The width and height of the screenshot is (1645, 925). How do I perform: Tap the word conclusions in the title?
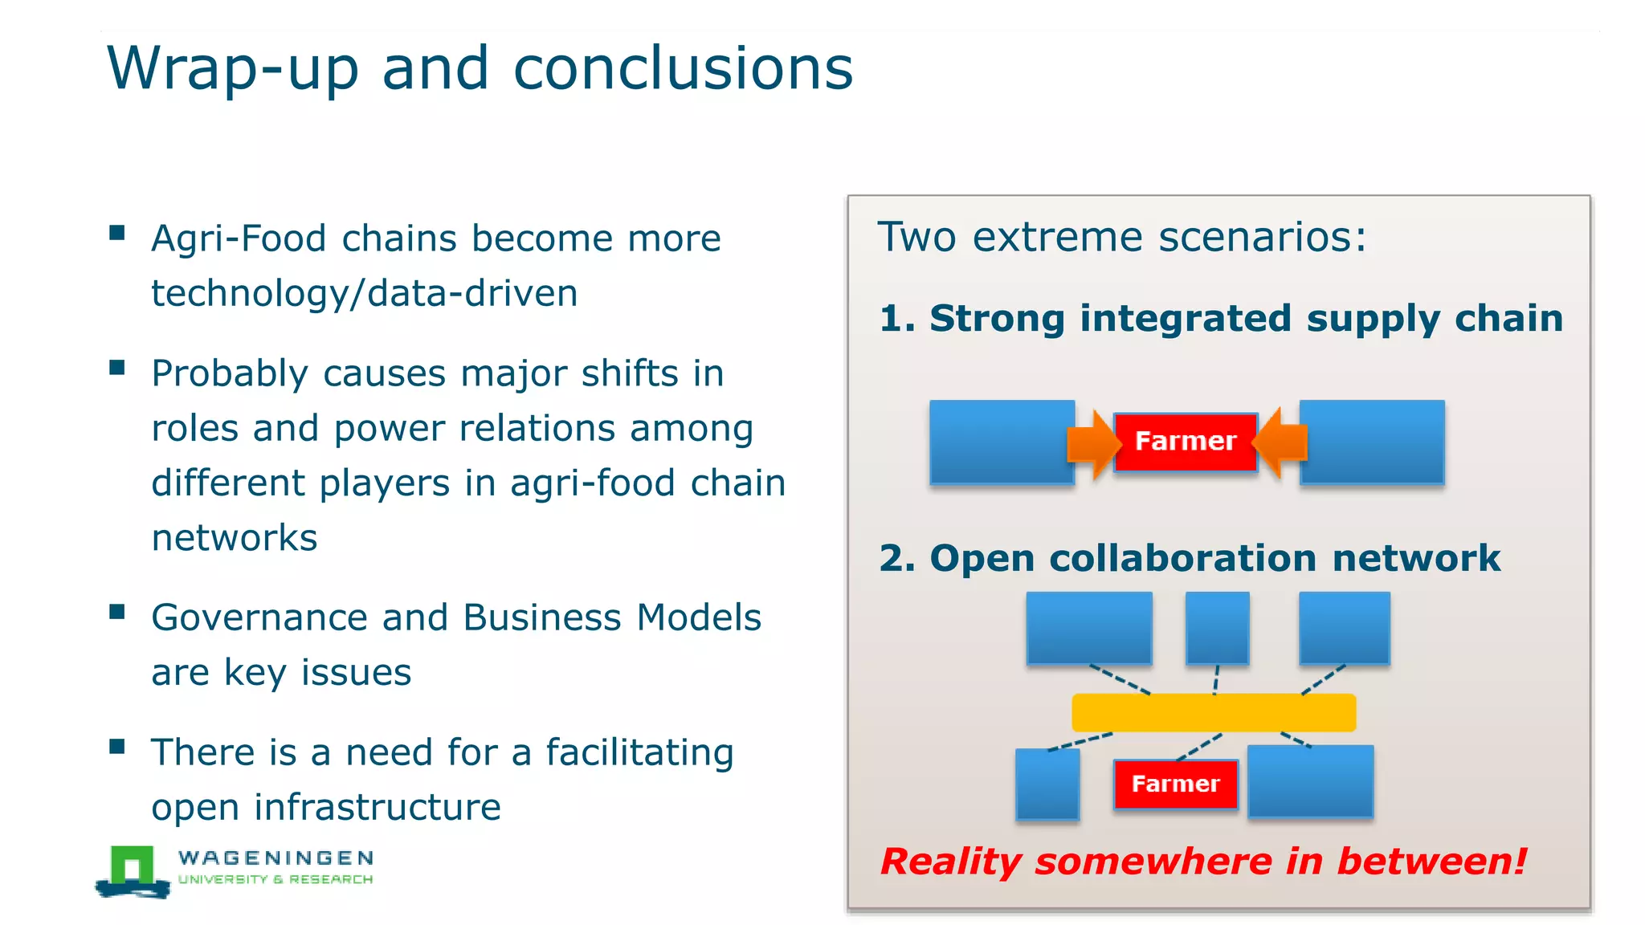683,69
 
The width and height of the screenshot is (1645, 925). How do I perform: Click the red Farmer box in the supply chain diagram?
1185,442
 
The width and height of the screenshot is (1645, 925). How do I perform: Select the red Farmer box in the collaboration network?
1175,784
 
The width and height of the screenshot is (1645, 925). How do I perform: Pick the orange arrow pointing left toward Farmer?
1281,442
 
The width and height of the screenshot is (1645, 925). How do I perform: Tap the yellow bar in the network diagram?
1214,712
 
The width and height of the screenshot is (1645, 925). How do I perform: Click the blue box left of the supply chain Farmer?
1002,442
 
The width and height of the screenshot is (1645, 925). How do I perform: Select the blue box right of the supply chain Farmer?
1372,442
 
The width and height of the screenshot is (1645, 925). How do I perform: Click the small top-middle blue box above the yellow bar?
1217,628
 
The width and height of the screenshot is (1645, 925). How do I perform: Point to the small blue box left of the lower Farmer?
1047,784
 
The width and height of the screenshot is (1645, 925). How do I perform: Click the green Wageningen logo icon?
133,870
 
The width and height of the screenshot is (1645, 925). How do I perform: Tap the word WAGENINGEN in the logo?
276,858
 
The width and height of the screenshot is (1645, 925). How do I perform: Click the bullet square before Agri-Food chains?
117,233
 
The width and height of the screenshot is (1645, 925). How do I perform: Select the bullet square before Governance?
117,612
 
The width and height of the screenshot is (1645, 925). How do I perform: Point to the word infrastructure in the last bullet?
378,807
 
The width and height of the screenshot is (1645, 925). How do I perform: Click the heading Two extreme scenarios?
1121,238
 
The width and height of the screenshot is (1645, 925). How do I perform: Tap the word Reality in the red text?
950,862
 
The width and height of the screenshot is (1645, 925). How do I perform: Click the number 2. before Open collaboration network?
896,559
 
